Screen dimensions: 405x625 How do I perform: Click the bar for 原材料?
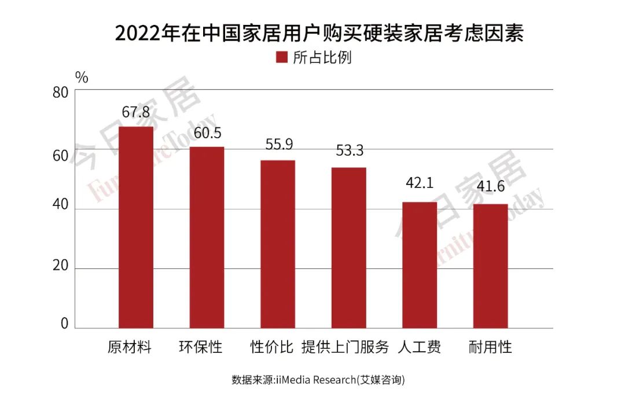(136, 227)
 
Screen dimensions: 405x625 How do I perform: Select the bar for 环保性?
(207, 237)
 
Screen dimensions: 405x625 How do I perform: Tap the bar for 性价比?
(278, 244)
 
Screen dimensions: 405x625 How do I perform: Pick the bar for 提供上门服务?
(348, 248)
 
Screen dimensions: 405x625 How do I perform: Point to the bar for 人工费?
(420, 265)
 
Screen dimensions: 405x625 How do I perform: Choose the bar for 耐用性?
(490, 266)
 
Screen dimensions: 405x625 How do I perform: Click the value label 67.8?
(136, 112)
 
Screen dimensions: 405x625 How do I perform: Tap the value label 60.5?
(207, 133)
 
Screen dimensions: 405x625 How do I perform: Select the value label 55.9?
(278, 145)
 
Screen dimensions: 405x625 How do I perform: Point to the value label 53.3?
(350, 151)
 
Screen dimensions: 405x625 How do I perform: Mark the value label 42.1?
(420, 183)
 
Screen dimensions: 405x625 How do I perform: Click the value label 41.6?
(490, 187)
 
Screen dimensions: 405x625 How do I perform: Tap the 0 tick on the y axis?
(65, 323)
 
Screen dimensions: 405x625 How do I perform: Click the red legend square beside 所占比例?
(282, 57)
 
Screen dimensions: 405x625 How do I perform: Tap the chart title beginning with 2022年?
(319, 34)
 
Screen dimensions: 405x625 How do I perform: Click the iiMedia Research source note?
(318, 380)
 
